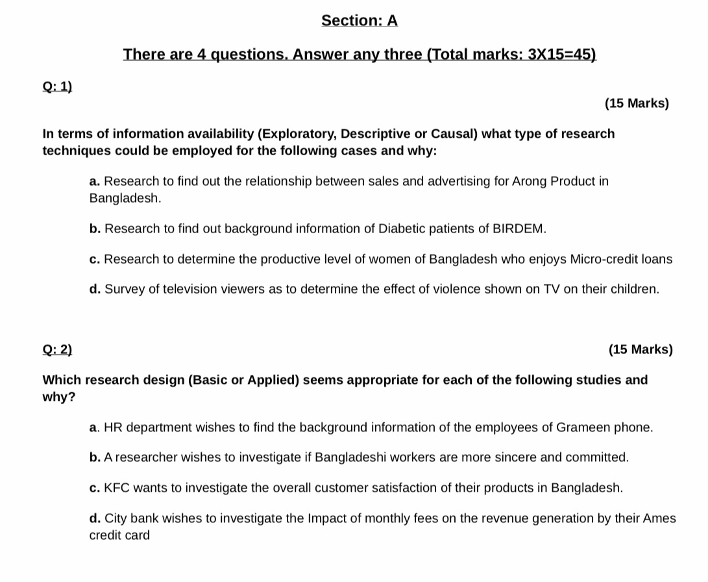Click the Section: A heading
[359, 21]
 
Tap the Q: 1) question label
[57, 86]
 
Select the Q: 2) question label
[57, 350]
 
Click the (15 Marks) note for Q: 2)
[641, 350]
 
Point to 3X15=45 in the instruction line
[561, 55]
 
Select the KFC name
[117, 488]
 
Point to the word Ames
[661, 518]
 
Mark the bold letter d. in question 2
[95, 518]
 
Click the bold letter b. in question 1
[95, 229]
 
